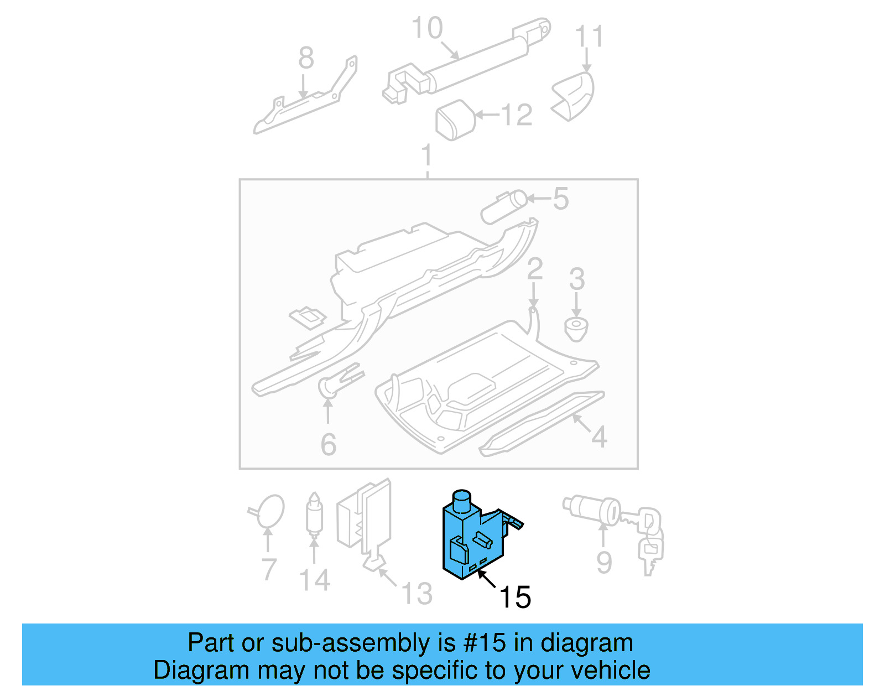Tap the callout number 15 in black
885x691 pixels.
[515, 597]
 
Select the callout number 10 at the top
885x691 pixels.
[427, 28]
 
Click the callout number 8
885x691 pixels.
[306, 58]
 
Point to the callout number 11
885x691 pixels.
[589, 37]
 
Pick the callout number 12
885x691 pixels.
[516, 115]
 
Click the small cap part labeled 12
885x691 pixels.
[455, 120]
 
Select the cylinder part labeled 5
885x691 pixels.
[503, 207]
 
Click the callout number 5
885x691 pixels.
[560, 199]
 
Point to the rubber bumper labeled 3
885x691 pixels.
[576, 330]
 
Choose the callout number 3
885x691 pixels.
[577, 279]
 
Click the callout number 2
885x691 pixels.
[535, 269]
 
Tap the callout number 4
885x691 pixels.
[599, 437]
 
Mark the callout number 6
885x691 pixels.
[328, 444]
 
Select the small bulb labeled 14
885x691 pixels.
[314, 515]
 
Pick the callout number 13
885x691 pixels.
[417, 593]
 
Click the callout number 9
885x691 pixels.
[604, 562]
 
